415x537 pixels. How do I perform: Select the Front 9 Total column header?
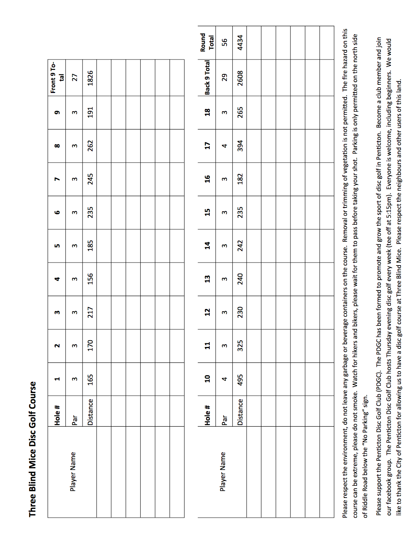click(57, 78)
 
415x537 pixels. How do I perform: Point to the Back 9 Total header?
click(207, 78)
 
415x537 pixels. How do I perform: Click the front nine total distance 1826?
click(90, 78)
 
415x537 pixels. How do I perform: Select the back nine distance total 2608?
click(240, 78)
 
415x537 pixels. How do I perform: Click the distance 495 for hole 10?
click(240, 379)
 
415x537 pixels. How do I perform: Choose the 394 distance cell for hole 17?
click(240, 145)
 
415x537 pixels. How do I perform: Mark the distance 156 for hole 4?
click(90, 279)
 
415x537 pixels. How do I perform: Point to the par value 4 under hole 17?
click(224, 145)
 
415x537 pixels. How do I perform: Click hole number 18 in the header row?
click(207, 112)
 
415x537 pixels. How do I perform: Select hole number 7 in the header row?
click(57, 179)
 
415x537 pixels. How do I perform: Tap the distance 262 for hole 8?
click(90, 145)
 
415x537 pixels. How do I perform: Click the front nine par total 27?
click(75, 78)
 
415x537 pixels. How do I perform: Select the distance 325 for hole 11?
click(240, 345)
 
